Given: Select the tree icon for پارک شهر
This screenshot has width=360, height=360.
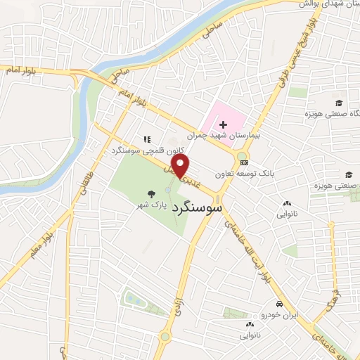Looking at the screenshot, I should click(151, 193).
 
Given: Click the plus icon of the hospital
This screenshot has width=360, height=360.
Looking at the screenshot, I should click(223, 124).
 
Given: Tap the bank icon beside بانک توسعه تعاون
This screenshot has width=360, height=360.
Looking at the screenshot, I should click(244, 163).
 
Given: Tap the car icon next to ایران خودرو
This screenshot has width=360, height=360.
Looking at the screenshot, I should click(279, 304).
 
